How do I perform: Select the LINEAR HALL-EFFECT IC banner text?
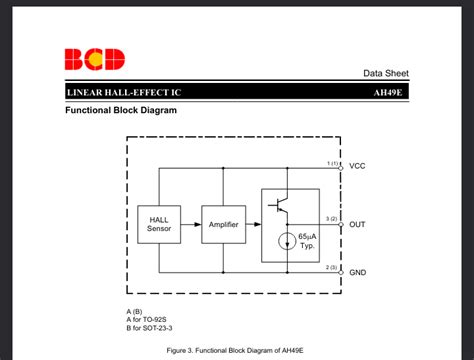[124, 92]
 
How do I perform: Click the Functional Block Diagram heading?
[121, 111]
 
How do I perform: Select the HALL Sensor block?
[159, 225]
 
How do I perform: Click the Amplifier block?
[222, 225]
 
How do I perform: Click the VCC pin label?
[357, 166]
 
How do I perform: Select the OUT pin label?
[357, 225]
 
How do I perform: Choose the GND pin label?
[357, 273]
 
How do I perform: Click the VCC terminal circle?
[341, 167]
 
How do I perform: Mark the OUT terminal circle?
[341, 225]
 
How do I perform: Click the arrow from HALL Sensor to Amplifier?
[192, 225]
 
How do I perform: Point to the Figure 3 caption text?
[235, 351]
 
